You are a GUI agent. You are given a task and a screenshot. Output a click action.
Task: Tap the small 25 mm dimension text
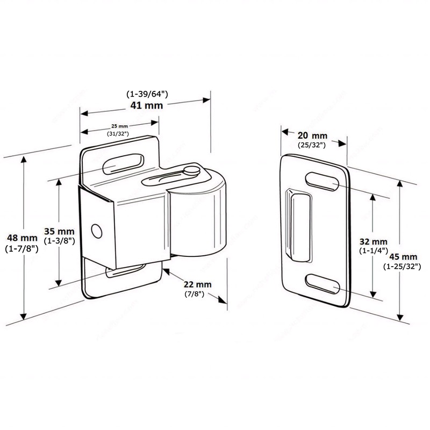point(121,125)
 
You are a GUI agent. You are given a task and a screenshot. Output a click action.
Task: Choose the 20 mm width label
point(312,135)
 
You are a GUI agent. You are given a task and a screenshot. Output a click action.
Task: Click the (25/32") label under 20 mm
point(312,145)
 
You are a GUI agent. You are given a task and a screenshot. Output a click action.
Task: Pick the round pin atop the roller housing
point(190,170)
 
